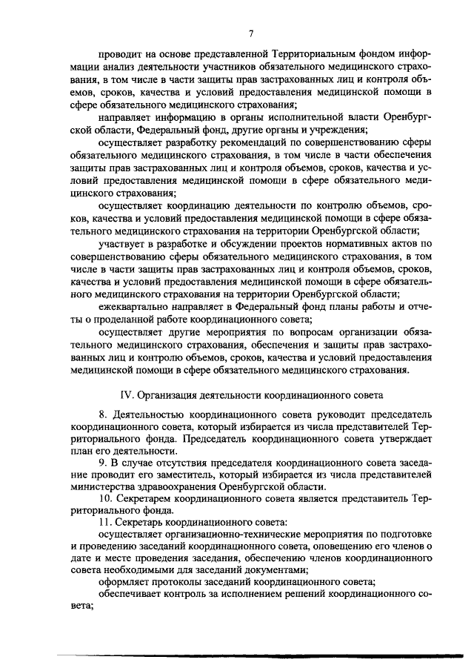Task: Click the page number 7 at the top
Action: (x=251, y=33)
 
